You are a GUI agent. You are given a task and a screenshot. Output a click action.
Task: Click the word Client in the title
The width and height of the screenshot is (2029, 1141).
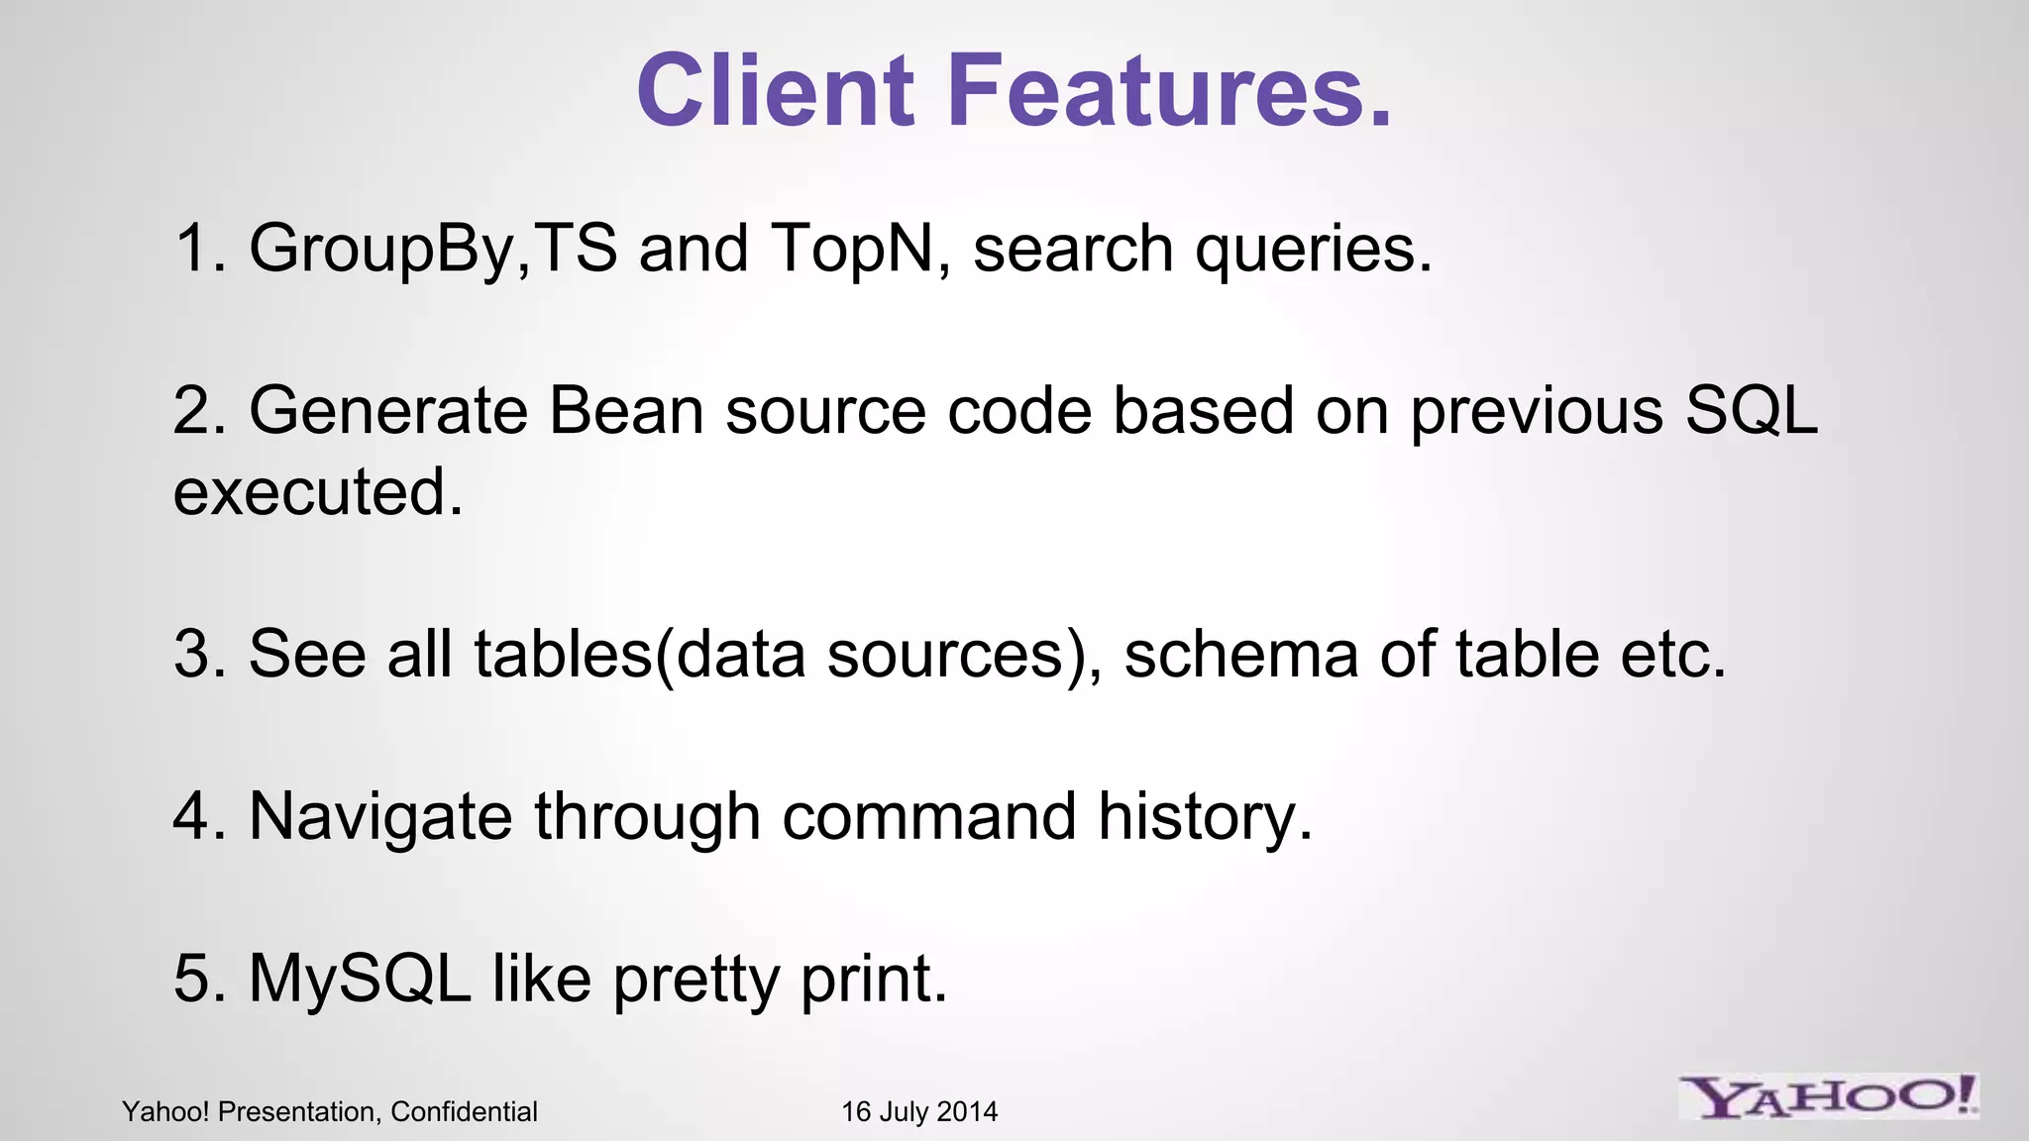coord(775,90)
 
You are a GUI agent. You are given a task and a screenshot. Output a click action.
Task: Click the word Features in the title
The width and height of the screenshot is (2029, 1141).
coord(1169,90)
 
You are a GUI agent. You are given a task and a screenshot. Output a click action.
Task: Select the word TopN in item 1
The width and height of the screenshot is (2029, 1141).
coord(852,248)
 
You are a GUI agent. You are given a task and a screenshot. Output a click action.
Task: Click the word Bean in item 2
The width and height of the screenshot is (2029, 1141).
coord(625,410)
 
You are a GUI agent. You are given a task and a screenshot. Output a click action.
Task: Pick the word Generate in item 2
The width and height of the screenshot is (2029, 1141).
coord(387,410)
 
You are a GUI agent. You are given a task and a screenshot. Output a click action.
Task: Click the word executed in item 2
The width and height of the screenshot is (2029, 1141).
coord(318,492)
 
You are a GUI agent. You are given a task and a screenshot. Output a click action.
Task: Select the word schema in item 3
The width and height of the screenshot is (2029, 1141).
coord(1241,655)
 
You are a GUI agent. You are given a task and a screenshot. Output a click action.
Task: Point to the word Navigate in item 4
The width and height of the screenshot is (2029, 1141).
coord(380,818)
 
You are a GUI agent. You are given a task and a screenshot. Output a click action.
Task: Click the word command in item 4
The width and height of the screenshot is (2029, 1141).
coord(929,817)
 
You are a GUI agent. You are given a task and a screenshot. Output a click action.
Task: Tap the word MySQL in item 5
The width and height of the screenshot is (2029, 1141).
coord(360,979)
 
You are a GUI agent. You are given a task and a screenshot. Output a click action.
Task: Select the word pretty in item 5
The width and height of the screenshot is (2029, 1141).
coord(695,981)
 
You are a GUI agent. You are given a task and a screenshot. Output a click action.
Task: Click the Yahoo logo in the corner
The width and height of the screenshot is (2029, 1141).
coord(1829,1096)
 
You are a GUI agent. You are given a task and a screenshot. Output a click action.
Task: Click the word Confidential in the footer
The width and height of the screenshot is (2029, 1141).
coord(464,1112)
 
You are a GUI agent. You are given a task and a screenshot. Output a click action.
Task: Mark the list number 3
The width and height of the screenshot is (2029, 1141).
coord(196,655)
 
